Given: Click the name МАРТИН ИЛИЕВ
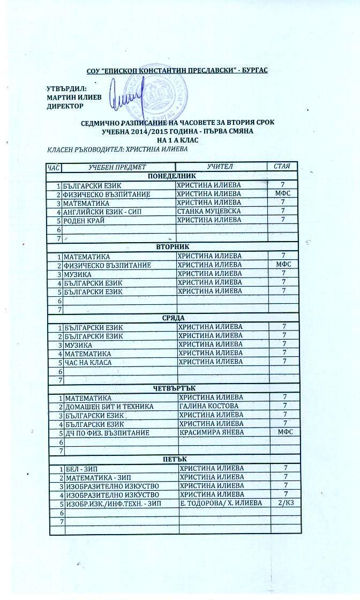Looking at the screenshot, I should [x=72, y=97].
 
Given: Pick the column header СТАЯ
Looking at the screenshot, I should [x=282, y=167].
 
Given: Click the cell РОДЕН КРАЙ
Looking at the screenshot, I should [x=83, y=220].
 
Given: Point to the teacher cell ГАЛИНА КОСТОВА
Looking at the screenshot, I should [x=209, y=407].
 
